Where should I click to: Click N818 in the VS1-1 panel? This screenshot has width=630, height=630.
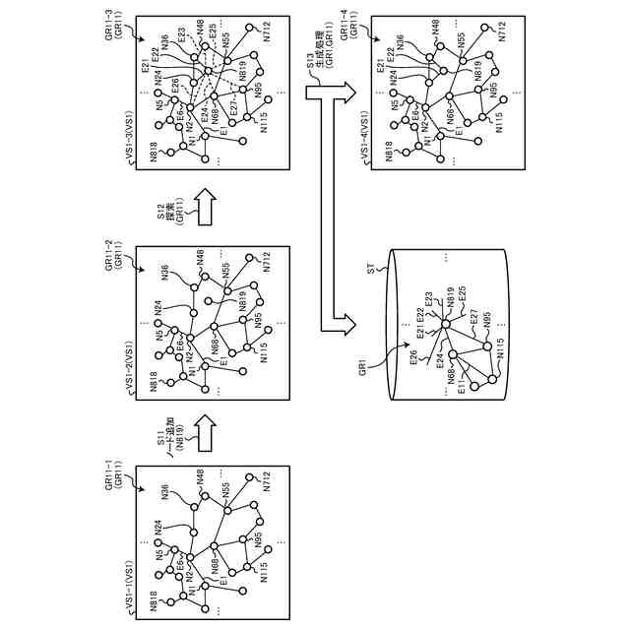[154, 602]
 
